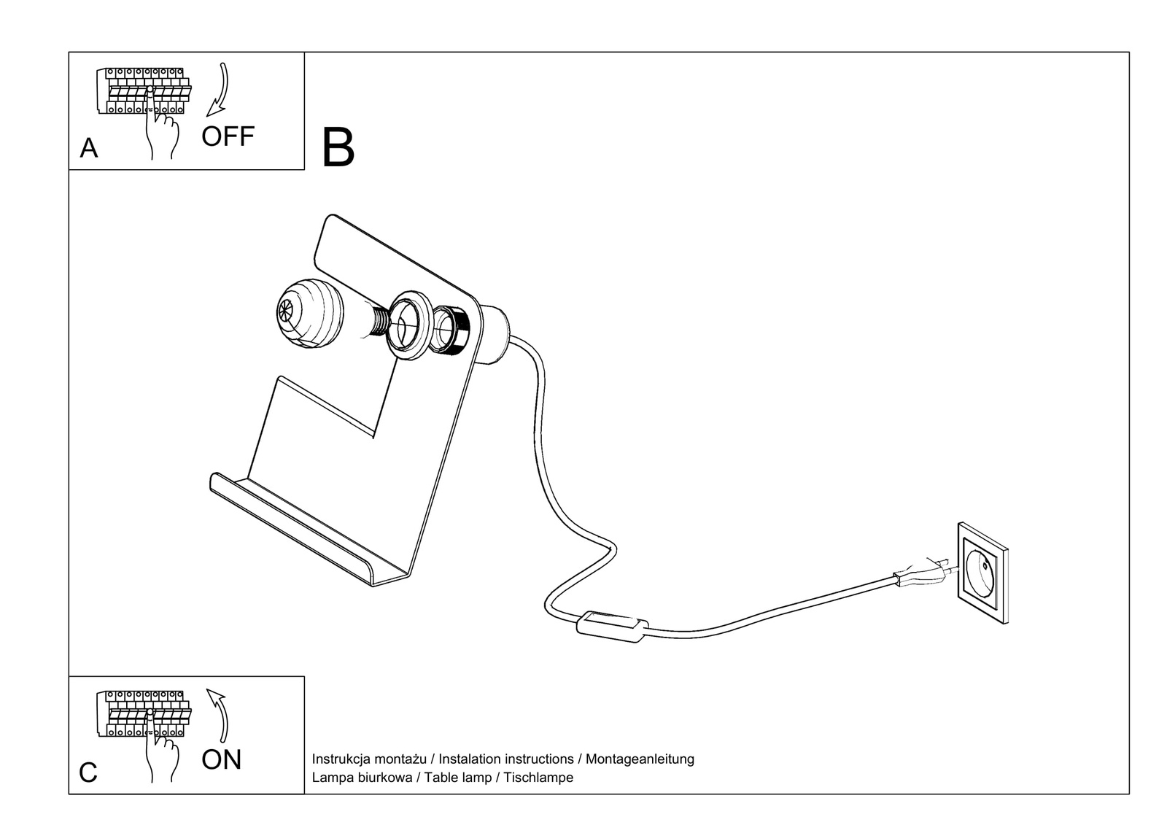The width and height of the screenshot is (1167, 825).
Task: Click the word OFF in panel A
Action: (228, 136)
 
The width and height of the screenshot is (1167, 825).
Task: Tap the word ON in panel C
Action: (221, 760)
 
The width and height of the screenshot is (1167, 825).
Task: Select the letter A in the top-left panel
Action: (88, 148)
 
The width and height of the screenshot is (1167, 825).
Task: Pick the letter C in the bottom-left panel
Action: (88, 772)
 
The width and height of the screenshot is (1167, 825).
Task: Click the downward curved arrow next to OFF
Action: (218, 91)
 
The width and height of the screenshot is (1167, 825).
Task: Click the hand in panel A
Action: (162, 128)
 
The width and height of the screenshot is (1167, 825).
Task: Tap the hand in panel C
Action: (162, 751)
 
